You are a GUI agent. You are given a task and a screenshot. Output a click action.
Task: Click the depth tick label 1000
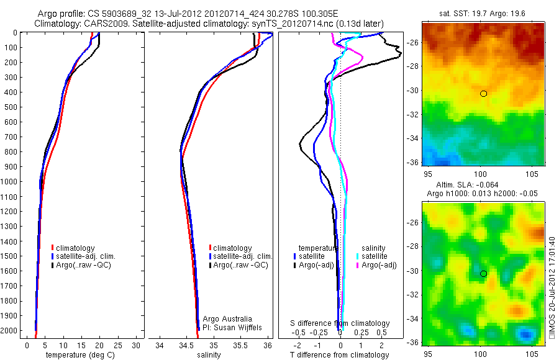(x=10, y=181)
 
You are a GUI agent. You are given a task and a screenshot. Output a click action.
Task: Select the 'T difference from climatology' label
(x=340, y=355)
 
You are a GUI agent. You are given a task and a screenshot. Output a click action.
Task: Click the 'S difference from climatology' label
(x=340, y=323)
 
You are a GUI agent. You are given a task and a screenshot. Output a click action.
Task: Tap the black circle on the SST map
(x=483, y=94)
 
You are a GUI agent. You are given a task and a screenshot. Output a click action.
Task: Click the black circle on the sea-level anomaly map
(x=483, y=274)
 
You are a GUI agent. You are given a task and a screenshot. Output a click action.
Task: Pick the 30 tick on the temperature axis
(x=136, y=345)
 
